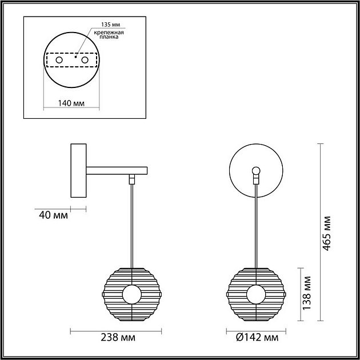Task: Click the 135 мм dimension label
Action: coord(111,25)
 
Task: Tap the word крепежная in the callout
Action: coord(109,33)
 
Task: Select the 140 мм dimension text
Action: coord(71,103)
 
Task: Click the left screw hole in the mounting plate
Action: coord(59,60)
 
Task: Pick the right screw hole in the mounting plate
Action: coord(85,60)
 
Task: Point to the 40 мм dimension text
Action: coord(54,215)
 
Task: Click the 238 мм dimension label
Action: coord(118,338)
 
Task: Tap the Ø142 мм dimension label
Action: coord(257,338)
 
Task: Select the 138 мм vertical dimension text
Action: coord(307,293)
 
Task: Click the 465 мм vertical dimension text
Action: coord(327,233)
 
